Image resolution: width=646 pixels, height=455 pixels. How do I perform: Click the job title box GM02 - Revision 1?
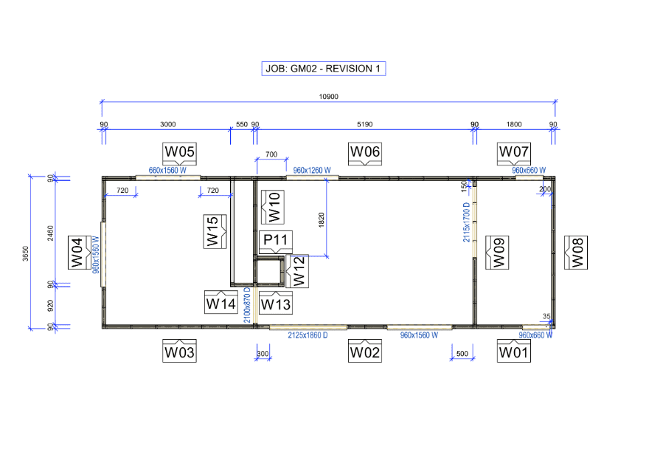tap(323, 69)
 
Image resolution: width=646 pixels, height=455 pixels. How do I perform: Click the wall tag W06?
tap(365, 153)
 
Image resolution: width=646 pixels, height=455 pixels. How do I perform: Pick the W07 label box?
tap(514, 153)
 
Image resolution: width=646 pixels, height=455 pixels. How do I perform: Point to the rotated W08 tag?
tap(576, 253)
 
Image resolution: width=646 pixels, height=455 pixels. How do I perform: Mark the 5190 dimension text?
tap(364, 124)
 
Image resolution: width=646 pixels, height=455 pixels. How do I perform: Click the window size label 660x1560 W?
tap(167, 170)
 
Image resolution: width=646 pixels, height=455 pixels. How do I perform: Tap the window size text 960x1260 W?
tap(312, 170)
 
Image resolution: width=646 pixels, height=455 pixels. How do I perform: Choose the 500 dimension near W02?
tap(462, 354)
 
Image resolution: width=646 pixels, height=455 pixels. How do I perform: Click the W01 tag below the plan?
tap(514, 352)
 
